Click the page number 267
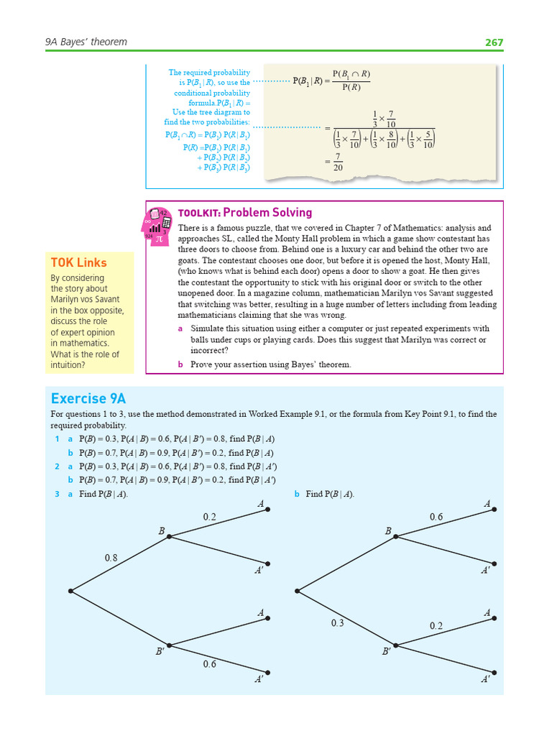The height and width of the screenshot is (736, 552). (494, 42)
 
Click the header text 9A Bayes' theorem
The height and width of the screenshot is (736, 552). (86, 42)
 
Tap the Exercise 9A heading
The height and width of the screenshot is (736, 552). (88, 399)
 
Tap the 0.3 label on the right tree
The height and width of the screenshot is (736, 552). (338, 623)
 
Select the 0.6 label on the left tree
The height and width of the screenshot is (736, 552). (209, 664)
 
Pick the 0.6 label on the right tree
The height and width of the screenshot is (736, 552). (436, 517)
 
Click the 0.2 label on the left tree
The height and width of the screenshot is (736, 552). (209, 517)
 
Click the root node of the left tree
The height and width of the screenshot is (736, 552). (70, 591)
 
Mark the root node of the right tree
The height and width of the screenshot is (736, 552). (298, 591)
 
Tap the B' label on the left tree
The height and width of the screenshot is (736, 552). (160, 652)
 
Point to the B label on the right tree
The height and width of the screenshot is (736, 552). (388, 531)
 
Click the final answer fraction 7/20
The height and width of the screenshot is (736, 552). (338, 161)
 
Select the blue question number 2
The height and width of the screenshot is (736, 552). (57, 466)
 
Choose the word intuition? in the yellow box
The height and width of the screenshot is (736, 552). (68, 365)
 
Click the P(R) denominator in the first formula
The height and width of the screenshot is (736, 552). (351, 88)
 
